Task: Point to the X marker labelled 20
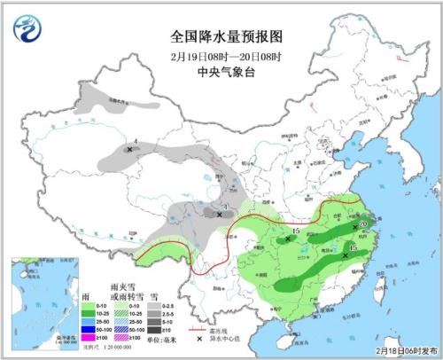355,226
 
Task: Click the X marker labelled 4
130,150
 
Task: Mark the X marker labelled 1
220,214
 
